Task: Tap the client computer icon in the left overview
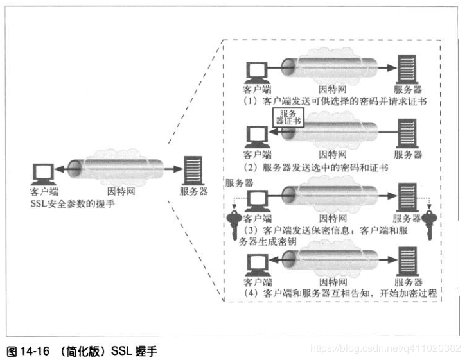click(43, 171)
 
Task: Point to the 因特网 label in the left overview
click(119, 191)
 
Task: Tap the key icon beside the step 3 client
click(237, 224)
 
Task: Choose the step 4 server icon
click(406, 262)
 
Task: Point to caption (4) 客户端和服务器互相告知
click(342, 293)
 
